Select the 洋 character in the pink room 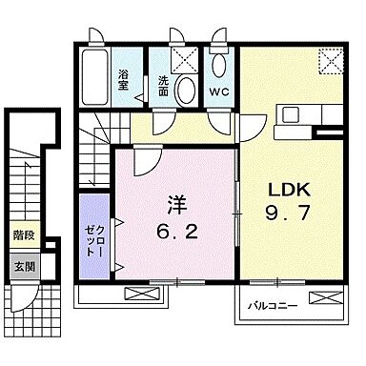175,202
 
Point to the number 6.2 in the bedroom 175,229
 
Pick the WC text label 218,92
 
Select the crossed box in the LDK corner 330,62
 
